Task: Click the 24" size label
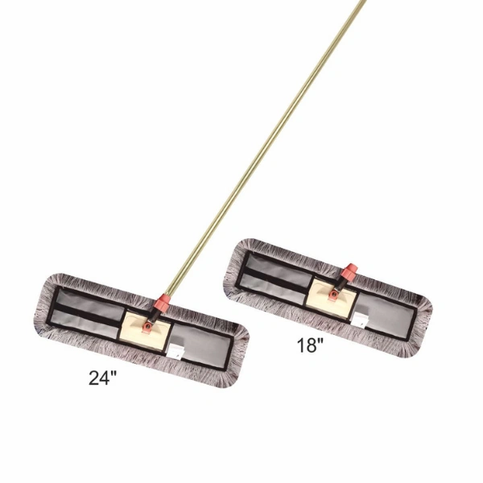pos(103,378)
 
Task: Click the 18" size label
pos(311,345)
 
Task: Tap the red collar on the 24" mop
pos(163,302)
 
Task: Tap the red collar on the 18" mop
pos(349,271)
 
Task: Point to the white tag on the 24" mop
pos(175,352)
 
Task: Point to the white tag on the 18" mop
pos(360,319)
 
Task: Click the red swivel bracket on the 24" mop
pos(147,327)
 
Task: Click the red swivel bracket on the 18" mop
pos(333,294)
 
